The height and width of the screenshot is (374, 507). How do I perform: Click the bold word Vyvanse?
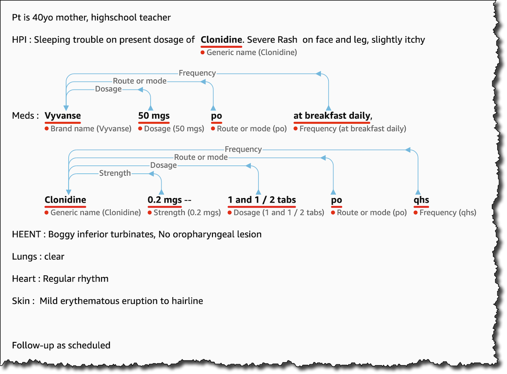tap(63, 116)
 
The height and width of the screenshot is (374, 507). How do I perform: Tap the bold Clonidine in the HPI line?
tap(221, 40)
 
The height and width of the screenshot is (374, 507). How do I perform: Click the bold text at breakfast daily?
tap(332, 116)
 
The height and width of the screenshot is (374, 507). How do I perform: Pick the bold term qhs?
tap(422, 200)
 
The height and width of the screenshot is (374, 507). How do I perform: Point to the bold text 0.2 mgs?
tap(165, 200)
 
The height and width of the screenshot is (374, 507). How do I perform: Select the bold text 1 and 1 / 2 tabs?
tap(262, 200)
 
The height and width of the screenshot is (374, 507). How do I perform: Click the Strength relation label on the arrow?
tap(114, 173)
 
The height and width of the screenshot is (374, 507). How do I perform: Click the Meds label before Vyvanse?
tap(23, 116)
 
